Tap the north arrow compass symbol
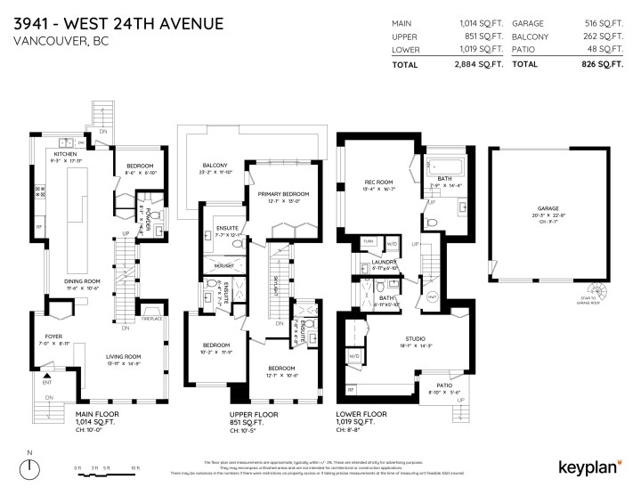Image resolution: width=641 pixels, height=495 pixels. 30,467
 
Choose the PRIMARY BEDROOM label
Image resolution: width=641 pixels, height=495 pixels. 282,193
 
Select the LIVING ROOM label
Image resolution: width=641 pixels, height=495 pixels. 124,357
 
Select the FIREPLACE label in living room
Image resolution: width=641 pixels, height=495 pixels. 151,317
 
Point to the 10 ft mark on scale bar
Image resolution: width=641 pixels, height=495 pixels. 135,467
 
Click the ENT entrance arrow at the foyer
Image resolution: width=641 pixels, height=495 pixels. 37,380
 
